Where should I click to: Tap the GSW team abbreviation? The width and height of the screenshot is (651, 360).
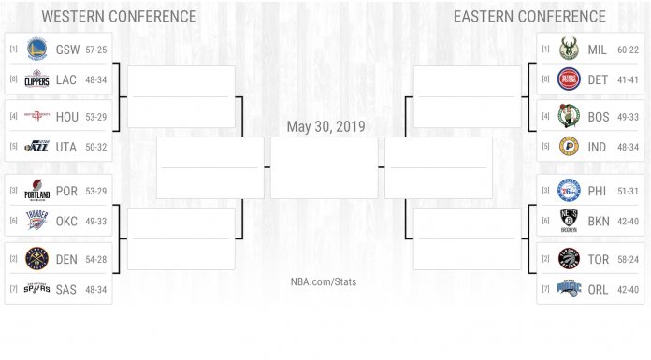[x=66, y=49]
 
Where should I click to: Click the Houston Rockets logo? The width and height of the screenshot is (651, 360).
[x=36, y=116]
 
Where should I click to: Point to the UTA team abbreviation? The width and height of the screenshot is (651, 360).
[x=66, y=147]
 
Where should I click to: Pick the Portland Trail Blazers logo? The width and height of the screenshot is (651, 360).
[x=36, y=191]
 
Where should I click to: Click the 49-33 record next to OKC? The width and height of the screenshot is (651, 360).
[x=94, y=222]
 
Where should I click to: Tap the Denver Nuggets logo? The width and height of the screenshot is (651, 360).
[x=36, y=258]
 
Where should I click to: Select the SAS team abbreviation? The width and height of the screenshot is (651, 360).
[x=66, y=289]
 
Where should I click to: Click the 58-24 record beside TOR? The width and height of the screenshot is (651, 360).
[x=628, y=258]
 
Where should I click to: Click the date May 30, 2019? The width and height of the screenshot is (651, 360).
[x=325, y=126]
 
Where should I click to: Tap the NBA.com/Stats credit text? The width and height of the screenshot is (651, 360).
[x=324, y=281]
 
